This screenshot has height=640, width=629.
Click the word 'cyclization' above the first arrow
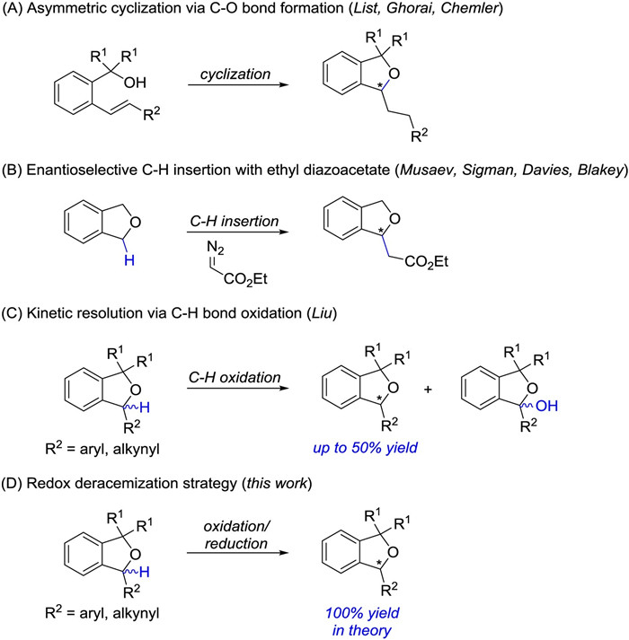click(235, 75)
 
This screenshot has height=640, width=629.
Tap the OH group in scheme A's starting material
click(135, 83)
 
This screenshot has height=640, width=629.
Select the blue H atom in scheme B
click(129, 260)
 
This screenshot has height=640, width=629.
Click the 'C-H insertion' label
click(235, 221)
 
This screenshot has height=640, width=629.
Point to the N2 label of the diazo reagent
click(215, 248)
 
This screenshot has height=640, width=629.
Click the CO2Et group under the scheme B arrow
click(245, 279)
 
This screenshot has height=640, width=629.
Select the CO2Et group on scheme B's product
click(426, 261)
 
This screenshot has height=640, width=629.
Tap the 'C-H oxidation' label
click(235, 378)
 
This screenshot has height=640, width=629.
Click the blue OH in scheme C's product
click(546, 406)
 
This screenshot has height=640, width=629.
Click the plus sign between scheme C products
click(428, 390)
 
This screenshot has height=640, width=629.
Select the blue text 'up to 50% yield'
click(366, 448)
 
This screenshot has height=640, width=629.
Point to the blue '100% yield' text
click(362, 613)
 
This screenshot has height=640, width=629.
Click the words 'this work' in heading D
click(276, 483)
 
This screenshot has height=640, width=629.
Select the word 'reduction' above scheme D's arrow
click(236, 544)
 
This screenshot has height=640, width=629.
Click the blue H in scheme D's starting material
click(145, 572)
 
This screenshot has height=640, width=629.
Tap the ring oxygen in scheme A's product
click(394, 74)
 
